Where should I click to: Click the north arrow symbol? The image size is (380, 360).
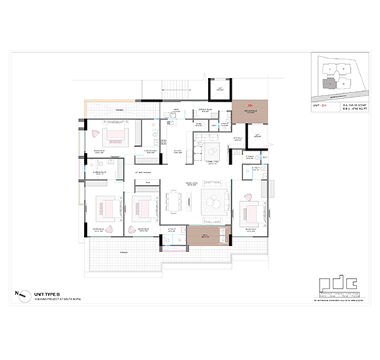click(21, 293)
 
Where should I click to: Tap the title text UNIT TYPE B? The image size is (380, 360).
click(47, 292)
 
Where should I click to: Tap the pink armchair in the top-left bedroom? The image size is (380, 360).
click(94, 131)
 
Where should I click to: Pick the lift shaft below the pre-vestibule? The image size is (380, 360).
click(254, 138)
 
